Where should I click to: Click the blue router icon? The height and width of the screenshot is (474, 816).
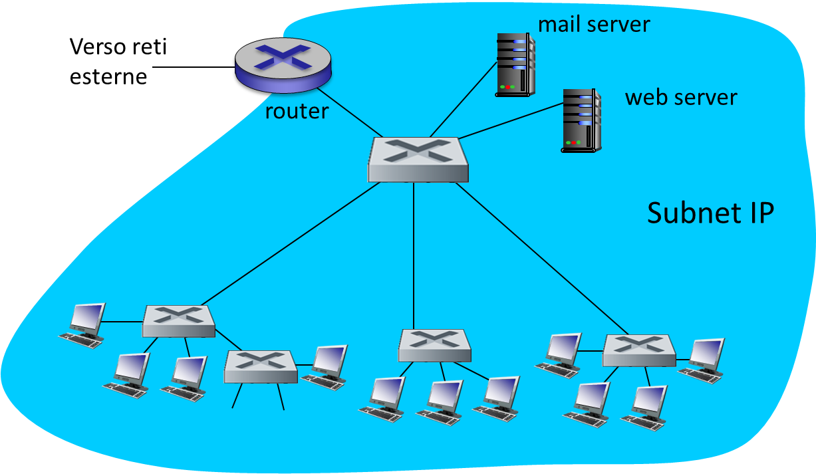point(283,64)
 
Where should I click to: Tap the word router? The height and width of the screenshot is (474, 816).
point(297,111)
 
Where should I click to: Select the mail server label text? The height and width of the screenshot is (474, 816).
point(593,24)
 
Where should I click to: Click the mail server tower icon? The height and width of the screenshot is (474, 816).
point(515,65)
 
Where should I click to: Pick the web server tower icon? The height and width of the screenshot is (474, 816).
point(581,120)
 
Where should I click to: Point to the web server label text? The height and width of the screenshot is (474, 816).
point(681,98)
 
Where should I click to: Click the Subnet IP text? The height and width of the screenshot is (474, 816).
point(710,213)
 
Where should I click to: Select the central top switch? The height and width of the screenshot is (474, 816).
point(418,160)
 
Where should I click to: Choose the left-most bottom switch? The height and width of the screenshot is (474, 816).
point(179,321)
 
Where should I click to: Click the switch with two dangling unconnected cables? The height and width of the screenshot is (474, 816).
point(260,366)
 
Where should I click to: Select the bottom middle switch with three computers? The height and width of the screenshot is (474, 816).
point(434,345)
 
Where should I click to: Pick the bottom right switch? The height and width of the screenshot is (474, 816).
point(638,350)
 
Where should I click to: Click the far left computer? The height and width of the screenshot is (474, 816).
point(84,324)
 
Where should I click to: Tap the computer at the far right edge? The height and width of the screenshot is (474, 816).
point(703,360)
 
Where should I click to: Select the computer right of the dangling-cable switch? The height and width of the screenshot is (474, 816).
point(327,366)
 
